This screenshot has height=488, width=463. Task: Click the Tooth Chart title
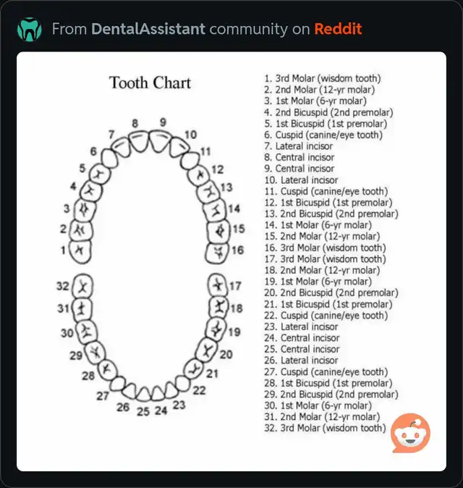(150, 83)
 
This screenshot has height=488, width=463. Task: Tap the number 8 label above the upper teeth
(135, 123)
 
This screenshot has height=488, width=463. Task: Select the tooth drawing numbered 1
(80, 251)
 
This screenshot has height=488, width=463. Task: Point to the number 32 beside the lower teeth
(62, 286)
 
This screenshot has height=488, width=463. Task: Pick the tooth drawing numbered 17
(217, 285)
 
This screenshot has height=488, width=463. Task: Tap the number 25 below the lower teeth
(143, 411)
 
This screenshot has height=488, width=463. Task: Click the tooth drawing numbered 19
(216, 329)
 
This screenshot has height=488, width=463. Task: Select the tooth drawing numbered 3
(85, 209)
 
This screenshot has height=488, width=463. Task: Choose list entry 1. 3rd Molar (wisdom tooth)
(323, 78)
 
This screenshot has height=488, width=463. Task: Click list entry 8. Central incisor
(299, 157)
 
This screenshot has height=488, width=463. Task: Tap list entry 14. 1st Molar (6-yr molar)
(318, 224)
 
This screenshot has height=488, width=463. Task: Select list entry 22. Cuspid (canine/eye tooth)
(326, 315)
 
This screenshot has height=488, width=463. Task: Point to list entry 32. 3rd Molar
(325, 428)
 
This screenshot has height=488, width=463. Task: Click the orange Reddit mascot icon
(410, 432)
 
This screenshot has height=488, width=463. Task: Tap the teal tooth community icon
(29, 29)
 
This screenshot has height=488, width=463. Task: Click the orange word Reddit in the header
(338, 29)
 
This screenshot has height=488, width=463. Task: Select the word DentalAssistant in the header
(148, 29)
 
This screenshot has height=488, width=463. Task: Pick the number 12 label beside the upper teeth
(217, 169)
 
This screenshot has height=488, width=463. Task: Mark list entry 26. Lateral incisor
(301, 360)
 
